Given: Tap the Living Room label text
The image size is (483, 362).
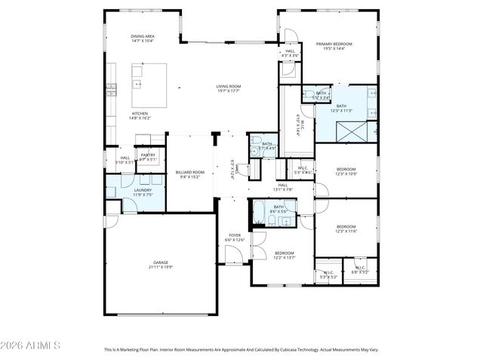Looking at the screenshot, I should coord(228,87).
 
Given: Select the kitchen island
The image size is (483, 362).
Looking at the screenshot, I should coord(150,84).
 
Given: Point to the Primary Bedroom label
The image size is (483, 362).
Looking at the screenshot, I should coord(334,44).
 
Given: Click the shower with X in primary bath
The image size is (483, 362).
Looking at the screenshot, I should coord(352,133).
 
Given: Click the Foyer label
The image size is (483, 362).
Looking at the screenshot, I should coord(235,235).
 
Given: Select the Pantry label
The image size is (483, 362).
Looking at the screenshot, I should coord(148,155).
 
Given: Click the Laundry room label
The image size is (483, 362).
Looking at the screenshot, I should coord(143,191).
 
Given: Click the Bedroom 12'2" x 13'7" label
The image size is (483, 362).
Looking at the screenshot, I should coord(284,253).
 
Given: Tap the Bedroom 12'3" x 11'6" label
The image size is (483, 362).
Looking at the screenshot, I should coord(346,227).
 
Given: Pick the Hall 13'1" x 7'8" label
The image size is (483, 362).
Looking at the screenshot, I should coord(283,186).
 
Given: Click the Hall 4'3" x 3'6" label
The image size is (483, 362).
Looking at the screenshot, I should coord(290,52).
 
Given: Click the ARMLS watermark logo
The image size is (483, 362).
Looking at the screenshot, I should coord(31,346).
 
